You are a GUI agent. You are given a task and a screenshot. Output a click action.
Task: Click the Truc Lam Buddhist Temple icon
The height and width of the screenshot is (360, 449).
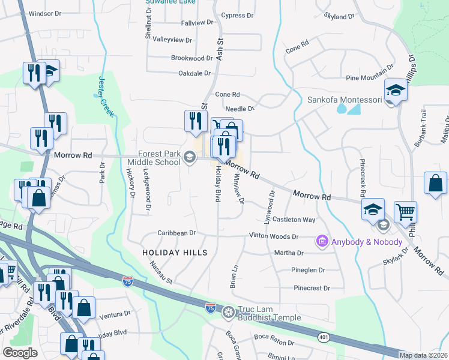(x=228, y=311)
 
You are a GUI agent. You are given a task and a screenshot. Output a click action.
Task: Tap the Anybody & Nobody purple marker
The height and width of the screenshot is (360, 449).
(x=322, y=241)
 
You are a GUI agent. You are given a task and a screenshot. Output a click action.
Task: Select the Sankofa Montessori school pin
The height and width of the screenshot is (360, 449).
(x=396, y=91)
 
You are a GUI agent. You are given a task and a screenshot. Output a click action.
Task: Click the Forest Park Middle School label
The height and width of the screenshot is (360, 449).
(x=158, y=158)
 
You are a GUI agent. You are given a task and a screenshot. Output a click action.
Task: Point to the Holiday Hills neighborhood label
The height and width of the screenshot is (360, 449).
(x=175, y=253)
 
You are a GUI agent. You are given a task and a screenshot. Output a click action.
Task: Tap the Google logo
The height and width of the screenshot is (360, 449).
(x=20, y=352)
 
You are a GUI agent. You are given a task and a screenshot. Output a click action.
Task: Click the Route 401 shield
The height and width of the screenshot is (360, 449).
(x=324, y=338)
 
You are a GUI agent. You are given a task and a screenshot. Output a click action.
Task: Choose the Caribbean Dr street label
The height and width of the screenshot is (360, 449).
(x=176, y=233)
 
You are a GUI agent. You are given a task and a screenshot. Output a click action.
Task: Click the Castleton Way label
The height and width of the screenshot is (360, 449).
(x=294, y=220)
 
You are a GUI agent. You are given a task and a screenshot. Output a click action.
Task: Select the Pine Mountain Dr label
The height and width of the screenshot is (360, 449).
(x=370, y=78)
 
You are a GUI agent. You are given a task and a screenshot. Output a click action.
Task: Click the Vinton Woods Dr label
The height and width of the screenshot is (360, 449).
(x=274, y=237)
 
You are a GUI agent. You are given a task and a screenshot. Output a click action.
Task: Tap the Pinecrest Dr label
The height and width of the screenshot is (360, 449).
(x=312, y=288)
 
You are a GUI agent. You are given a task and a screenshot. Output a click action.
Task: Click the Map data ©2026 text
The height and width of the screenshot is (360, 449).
(x=423, y=355)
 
